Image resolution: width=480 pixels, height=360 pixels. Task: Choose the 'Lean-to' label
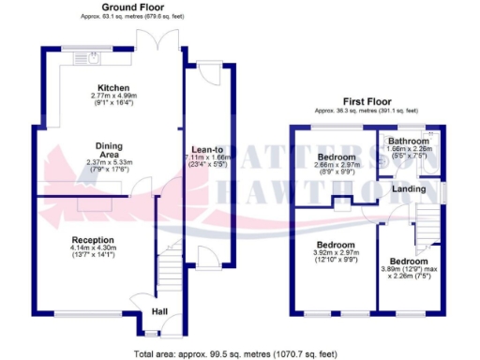point(206,149)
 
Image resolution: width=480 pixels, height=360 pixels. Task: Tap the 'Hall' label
point(160,311)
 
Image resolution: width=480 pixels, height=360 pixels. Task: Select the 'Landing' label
point(409,188)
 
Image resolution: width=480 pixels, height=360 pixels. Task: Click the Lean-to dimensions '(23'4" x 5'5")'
point(209,166)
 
